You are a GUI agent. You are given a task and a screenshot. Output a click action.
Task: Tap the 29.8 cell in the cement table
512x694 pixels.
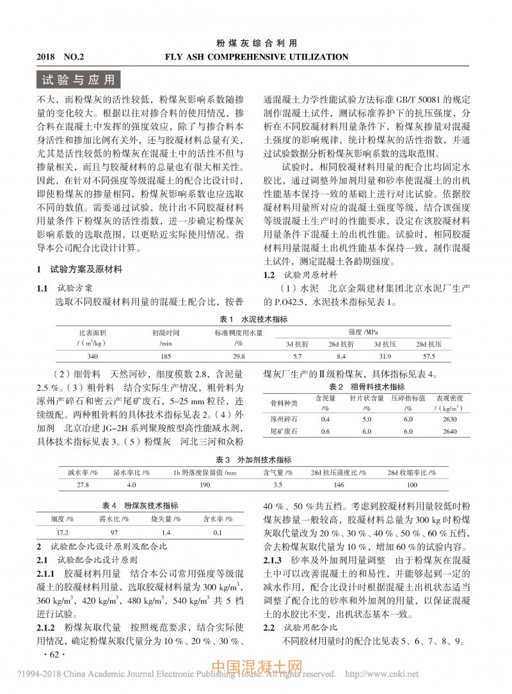(x=238, y=355)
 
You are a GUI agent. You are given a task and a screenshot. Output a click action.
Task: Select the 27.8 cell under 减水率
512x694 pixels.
(x=83, y=485)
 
